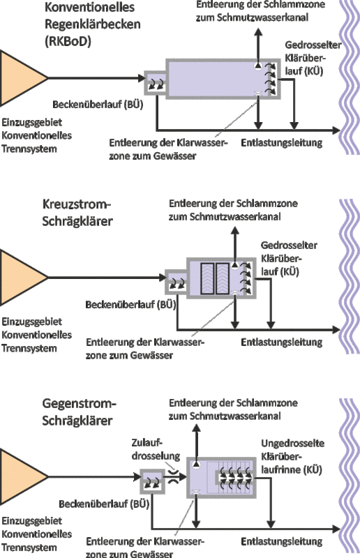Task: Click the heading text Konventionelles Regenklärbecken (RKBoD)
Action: [93, 24]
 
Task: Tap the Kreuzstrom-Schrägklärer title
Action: [77, 213]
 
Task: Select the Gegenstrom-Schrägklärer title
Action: [80, 412]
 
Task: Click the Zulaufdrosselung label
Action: [156, 449]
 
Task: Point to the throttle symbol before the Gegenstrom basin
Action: [174, 476]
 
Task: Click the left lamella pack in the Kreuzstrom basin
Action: [207, 278]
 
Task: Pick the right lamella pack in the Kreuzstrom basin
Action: [222, 278]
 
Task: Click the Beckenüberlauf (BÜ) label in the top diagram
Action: [98, 105]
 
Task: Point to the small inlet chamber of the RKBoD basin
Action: [156, 83]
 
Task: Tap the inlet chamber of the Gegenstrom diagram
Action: [152, 481]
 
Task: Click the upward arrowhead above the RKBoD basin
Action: [259, 31]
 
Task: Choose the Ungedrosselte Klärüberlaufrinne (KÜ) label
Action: [292, 457]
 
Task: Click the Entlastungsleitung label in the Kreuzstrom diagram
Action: [282, 342]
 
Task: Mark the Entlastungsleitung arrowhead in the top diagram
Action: [336, 130]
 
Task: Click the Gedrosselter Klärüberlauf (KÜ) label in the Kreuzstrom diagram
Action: [289, 258]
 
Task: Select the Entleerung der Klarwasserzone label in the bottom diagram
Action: [145, 548]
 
